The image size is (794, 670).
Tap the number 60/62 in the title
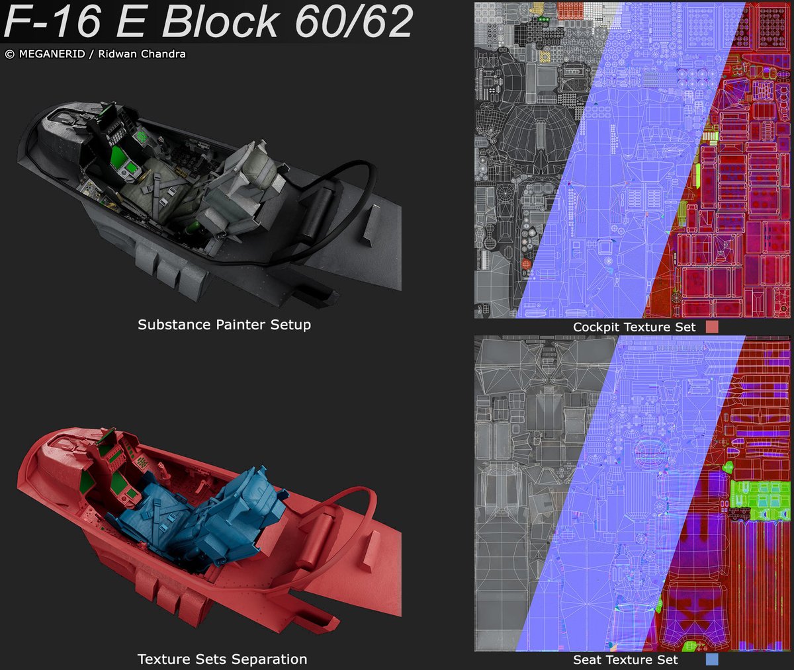point(354,21)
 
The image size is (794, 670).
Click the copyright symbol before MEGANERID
point(9,54)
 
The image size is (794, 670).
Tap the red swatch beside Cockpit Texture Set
point(712,327)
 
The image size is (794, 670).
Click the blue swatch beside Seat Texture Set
point(712,659)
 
